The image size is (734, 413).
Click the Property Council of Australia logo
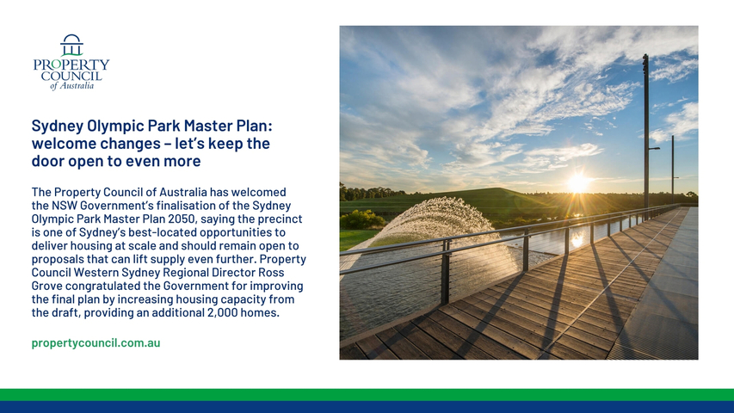click(x=71, y=62)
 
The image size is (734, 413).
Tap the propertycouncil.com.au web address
click(x=96, y=342)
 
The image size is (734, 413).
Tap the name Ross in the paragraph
click(x=272, y=273)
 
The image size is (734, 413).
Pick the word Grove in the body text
click(x=46, y=286)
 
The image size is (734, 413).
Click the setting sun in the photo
click(x=578, y=182)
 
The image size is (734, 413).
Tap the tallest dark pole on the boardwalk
click(x=646, y=136)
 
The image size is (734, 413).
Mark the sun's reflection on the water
click(x=577, y=239)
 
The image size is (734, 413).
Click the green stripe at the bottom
click(x=367, y=395)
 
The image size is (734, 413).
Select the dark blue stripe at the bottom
click(x=367, y=407)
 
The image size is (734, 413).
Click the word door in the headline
click(x=47, y=161)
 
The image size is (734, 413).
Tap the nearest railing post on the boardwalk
click(x=445, y=273)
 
